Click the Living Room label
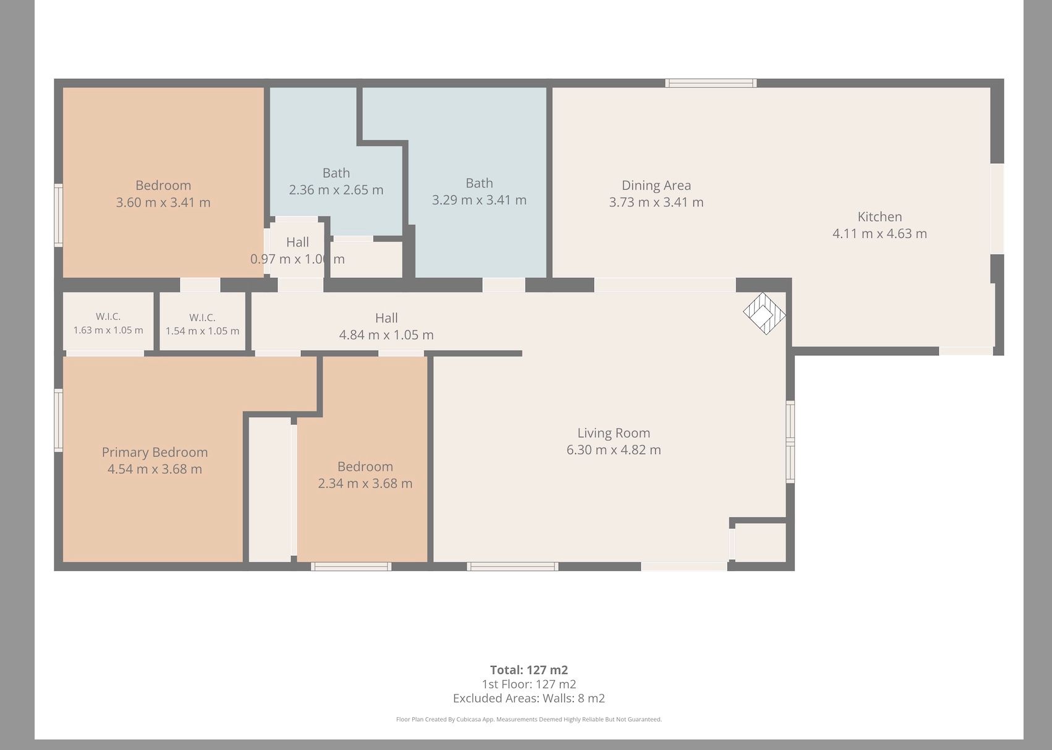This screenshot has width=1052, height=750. click(x=613, y=432)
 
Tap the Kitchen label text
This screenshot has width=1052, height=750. click(x=880, y=217)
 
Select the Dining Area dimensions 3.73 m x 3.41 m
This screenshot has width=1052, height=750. click(x=656, y=202)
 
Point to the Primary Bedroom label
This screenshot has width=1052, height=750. click(x=155, y=452)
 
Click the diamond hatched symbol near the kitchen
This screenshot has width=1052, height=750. click(x=764, y=313)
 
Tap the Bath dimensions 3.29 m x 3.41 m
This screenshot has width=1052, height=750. click(x=479, y=200)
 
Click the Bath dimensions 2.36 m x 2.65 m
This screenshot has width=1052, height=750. click(x=336, y=190)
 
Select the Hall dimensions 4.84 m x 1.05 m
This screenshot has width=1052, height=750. click(x=386, y=335)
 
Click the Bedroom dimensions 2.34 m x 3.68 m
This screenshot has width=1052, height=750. click(x=365, y=483)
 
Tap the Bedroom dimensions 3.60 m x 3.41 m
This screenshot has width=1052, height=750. click(x=163, y=203)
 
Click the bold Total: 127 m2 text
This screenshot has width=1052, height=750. click(x=529, y=670)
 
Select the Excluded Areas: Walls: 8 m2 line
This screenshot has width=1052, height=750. click(x=529, y=698)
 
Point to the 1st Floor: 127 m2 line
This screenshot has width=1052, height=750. click(x=529, y=685)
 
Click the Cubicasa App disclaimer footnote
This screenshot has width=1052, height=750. click(x=529, y=720)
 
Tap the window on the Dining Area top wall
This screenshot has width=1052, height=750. click(x=711, y=83)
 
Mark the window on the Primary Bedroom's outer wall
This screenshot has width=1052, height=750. click(x=58, y=421)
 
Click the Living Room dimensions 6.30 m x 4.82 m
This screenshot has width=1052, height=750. click(x=613, y=450)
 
